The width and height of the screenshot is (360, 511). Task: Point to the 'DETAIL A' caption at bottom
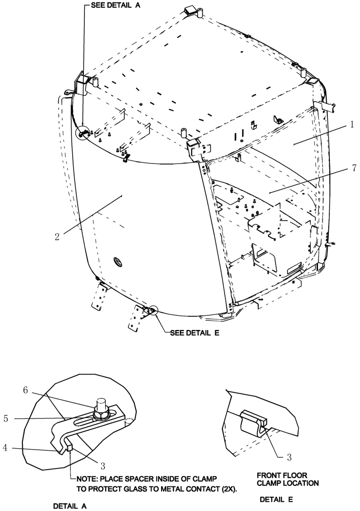(70, 505)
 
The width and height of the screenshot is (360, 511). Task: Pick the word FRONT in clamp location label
(269, 474)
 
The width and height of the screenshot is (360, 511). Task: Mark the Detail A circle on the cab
(82, 134)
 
